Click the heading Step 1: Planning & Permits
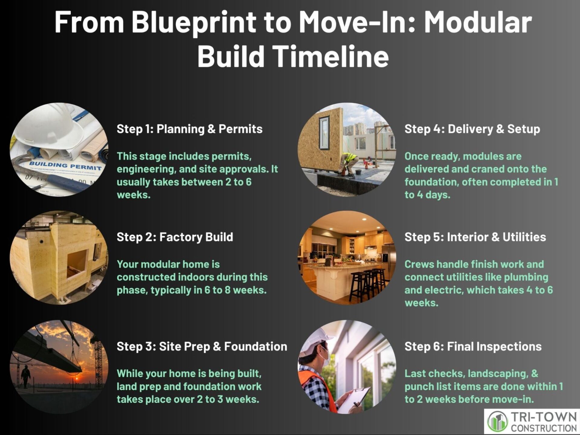pyautogui.click(x=189, y=129)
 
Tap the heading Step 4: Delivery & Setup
pyautogui.click(x=472, y=129)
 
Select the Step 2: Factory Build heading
pyautogui.click(x=175, y=237)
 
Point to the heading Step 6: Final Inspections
pyautogui.click(x=473, y=347)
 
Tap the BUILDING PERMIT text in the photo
pyautogui.click(x=65, y=166)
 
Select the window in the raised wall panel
pyautogui.click(x=324, y=133)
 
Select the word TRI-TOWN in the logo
pyautogui.click(x=543, y=417)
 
